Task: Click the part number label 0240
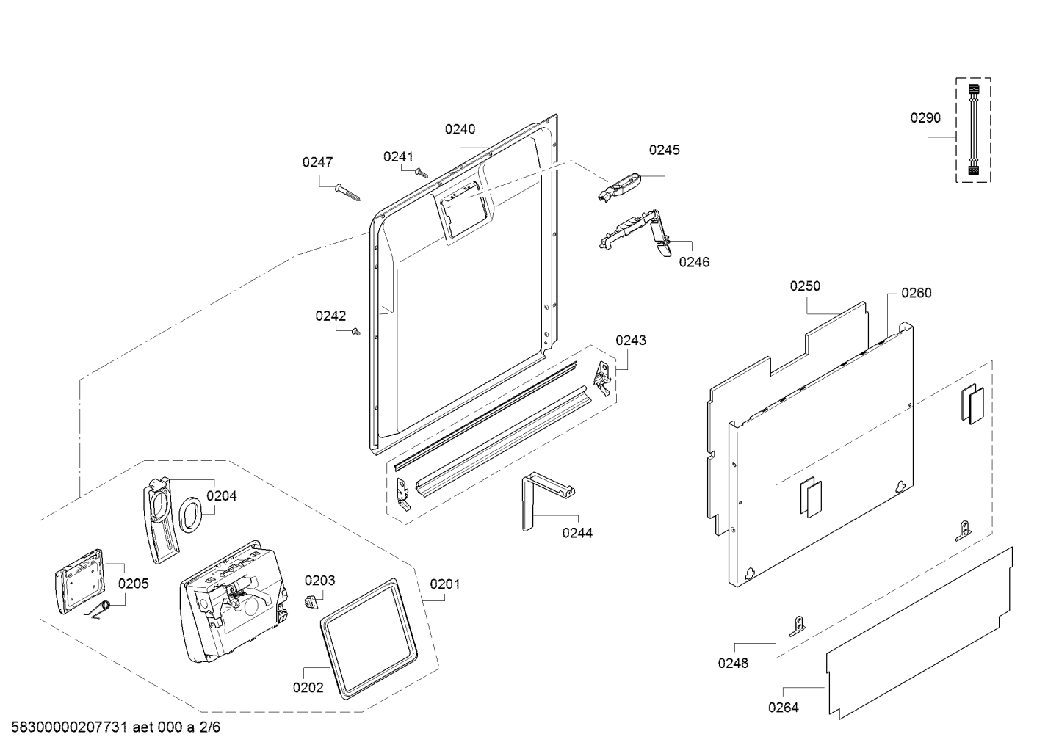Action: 460,129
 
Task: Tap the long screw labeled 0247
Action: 347,192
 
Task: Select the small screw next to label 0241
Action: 422,173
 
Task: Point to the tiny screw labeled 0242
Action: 356,333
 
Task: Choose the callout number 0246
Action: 694,262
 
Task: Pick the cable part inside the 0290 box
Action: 973,130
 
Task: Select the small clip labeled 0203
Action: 310,602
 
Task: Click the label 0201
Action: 445,584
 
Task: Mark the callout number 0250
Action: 805,286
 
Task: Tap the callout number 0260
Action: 917,293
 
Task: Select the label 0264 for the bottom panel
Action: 784,708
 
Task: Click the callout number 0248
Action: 733,663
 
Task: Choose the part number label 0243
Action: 631,340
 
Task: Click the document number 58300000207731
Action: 69,727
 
